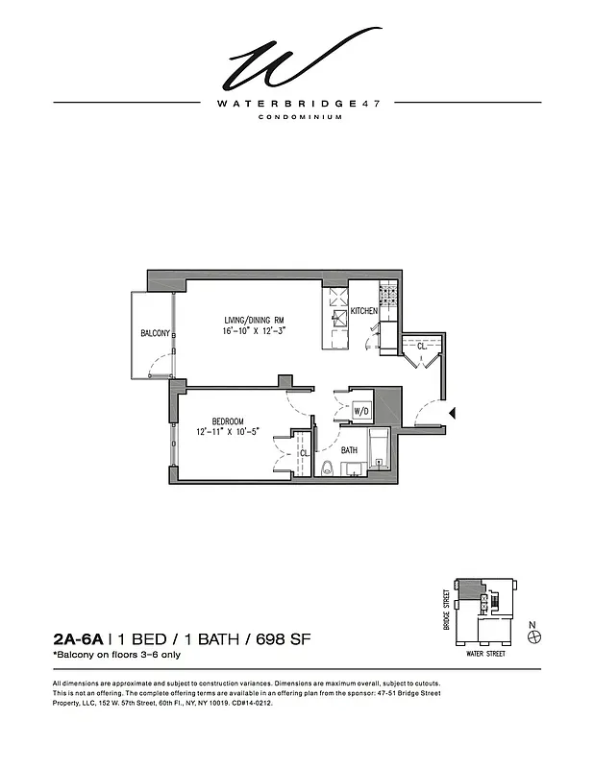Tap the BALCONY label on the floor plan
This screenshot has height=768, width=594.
pyautogui.click(x=155, y=333)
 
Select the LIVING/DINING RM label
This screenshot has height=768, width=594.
pyautogui.click(x=255, y=320)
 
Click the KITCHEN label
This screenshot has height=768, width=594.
pyautogui.click(x=364, y=311)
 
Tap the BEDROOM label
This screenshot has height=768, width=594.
pyautogui.click(x=228, y=421)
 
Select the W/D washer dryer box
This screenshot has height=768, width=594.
pyautogui.click(x=361, y=411)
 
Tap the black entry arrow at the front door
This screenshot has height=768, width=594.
pyautogui.click(x=454, y=412)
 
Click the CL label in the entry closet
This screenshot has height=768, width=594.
pyautogui.click(x=421, y=347)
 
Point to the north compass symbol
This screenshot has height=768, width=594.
pyautogui.click(x=535, y=636)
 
